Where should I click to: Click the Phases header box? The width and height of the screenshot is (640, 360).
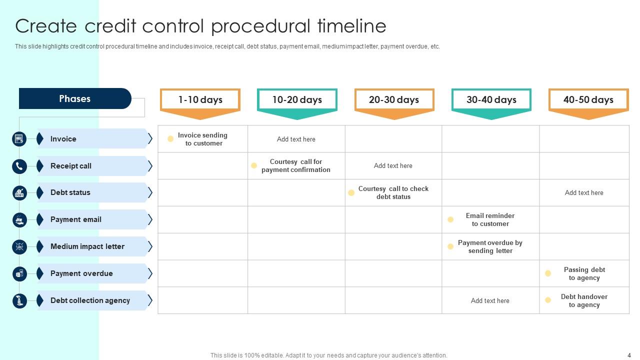(x=75, y=98)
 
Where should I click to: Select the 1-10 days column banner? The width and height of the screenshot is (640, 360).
(x=200, y=100)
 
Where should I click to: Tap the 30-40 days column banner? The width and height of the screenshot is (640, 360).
(x=491, y=100)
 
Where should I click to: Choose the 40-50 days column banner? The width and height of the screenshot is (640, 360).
(x=588, y=100)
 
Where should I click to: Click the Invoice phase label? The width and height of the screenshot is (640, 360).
(x=63, y=139)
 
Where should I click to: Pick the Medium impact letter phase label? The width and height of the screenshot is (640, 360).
(x=87, y=246)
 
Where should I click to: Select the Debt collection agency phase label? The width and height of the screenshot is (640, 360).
(x=90, y=300)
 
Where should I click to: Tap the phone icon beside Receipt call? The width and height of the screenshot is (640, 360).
(x=19, y=166)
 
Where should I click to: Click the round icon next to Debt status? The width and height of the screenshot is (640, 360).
(x=19, y=193)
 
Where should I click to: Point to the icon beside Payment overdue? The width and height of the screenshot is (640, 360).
(x=19, y=273)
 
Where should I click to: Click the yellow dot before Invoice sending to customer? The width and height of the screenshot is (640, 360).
(x=170, y=139)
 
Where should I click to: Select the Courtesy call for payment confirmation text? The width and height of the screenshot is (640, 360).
(x=296, y=166)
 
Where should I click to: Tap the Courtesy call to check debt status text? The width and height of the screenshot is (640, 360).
(x=393, y=193)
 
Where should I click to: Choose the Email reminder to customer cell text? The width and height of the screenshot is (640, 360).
(x=490, y=220)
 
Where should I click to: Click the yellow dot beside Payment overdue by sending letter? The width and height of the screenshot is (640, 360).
(x=450, y=246)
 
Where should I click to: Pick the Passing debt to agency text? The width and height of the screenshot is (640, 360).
(x=584, y=273)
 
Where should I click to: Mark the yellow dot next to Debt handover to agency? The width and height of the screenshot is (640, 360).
(x=548, y=300)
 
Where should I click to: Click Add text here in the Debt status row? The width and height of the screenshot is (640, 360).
(x=584, y=193)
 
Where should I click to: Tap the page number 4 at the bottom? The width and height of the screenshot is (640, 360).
(x=629, y=355)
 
